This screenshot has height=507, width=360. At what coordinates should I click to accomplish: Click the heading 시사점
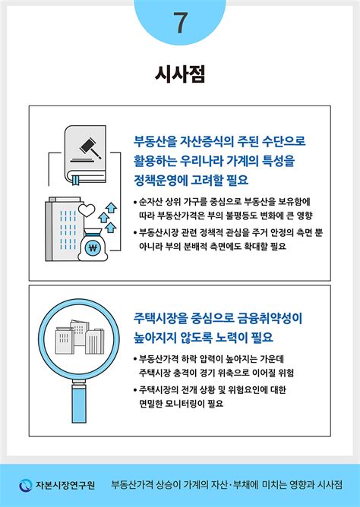pos(180,74)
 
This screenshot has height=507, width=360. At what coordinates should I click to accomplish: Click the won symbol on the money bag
pos(94,247)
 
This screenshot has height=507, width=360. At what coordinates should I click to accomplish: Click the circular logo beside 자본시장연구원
pos(25,484)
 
